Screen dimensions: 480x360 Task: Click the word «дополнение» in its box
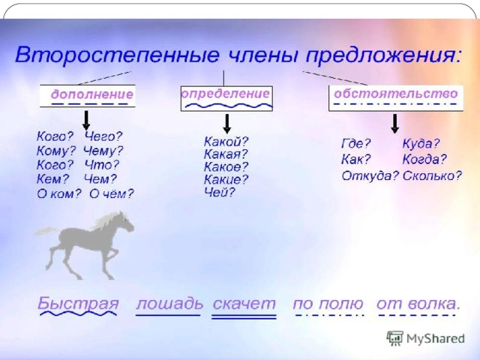pyautogui.click(x=92, y=94)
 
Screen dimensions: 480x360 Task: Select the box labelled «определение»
pyautogui.click(x=226, y=98)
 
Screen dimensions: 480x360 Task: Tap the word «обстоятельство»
pyautogui.click(x=396, y=93)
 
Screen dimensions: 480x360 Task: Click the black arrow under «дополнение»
pyautogui.click(x=86, y=120)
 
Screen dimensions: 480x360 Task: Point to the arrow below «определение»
pyautogui.click(x=226, y=124)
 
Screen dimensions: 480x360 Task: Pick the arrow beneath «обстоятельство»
pyautogui.click(x=395, y=124)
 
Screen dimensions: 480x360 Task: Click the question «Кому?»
pyautogui.click(x=56, y=151)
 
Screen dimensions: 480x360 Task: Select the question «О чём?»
pyautogui.click(x=112, y=193)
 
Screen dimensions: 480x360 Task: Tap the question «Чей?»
pyautogui.click(x=220, y=192)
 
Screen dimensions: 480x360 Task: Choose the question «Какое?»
pyautogui.click(x=226, y=166)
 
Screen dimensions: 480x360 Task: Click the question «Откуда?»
pyautogui.click(x=370, y=175)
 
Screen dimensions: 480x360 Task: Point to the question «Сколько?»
pyautogui.click(x=432, y=175)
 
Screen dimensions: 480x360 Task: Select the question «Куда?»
pyautogui.click(x=421, y=143)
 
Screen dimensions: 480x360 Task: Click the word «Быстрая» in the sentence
pyautogui.click(x=78, y=303)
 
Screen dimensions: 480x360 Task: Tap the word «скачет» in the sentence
pyautogui.click(x=244, y=304)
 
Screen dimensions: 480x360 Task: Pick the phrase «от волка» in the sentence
pyautogui.click(x=418, y=304)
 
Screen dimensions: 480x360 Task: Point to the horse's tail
pyautogui.click(x=46, y=231)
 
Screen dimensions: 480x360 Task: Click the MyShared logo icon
pyautogui.click(x=395, y=338)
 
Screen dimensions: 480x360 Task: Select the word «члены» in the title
pyautogui.click(x=262, y=55)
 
